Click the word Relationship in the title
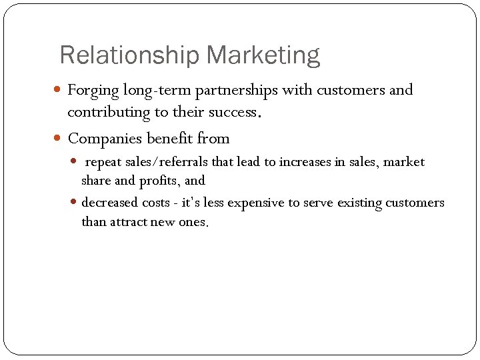130,55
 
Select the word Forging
92,90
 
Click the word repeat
104,162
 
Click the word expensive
256,203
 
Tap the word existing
355,203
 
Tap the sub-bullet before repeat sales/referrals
75,161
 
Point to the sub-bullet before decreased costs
75,203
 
